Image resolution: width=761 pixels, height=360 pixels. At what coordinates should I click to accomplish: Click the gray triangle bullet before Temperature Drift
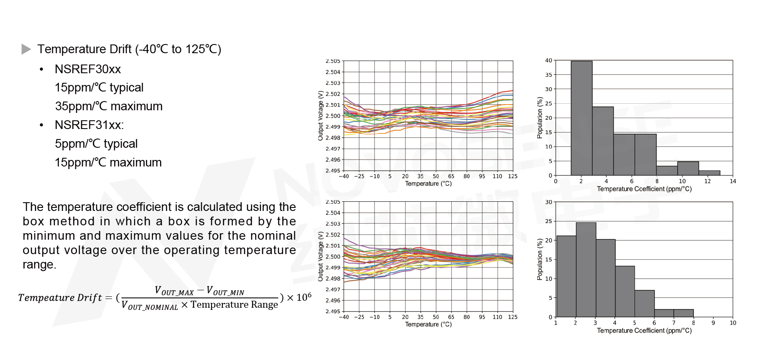click(26, 49)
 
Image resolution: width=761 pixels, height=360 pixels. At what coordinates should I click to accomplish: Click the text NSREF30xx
click(88, 69)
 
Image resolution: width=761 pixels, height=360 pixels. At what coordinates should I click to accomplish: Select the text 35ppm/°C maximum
click(109, 106)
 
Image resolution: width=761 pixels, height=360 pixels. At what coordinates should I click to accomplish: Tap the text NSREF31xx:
click(89, 125)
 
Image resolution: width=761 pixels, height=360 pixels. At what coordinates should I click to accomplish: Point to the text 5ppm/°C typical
click(96, 144)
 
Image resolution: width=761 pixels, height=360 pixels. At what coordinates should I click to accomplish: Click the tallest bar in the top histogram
click(581, 118)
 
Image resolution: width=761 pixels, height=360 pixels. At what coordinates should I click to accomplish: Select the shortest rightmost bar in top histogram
click(709, 173)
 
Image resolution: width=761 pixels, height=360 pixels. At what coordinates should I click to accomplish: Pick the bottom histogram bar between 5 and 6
click(644, 303)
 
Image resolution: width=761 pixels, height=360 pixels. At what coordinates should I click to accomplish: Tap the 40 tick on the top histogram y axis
click(548, 61)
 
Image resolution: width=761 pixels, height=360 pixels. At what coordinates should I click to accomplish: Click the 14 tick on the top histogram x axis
click(733, 181)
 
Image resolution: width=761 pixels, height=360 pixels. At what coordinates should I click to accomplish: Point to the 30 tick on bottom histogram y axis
click(548, 202)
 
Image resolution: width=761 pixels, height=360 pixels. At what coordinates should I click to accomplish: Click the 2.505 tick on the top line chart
click(333, 61)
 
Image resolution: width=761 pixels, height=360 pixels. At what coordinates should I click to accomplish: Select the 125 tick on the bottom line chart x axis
click(512, 317)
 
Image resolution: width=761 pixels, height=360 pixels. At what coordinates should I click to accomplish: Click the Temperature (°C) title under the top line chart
click(428, 183)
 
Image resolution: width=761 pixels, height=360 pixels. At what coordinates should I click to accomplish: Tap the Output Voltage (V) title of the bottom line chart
click(321, 256)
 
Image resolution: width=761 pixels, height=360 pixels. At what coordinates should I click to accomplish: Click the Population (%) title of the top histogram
click(540, 118)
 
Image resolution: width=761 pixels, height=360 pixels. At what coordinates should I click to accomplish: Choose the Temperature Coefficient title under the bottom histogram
click(644, 331)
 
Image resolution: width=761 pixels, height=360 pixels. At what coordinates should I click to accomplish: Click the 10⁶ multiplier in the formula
click(304, 297)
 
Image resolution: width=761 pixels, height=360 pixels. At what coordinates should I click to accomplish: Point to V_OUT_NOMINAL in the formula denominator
click(150, 306)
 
